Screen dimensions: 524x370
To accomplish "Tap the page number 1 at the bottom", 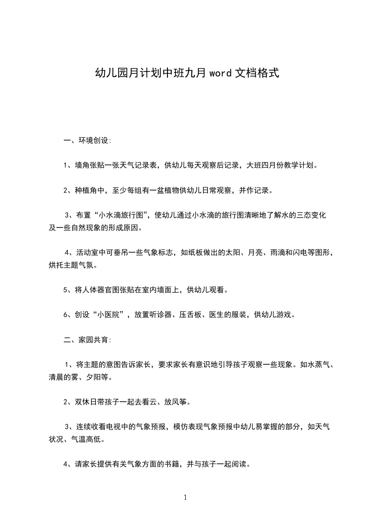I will point(185,497).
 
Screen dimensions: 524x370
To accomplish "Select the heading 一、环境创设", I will point(87,140).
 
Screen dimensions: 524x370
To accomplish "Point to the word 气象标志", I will point(154,253).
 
